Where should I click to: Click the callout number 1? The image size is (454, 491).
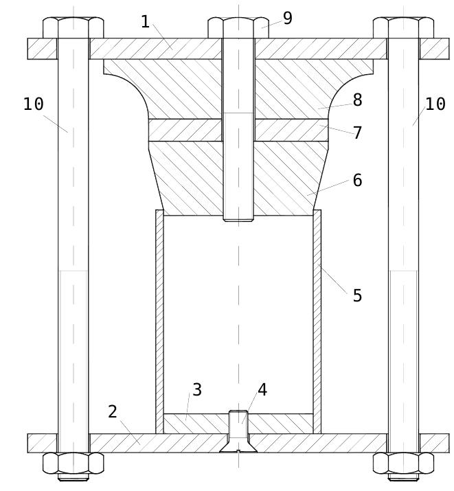click(x=145, y=22)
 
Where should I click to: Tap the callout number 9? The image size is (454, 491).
click(x=287, y=19)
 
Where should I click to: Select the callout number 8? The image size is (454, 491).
click(x=357, y=100)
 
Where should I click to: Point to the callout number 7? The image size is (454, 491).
click(x=357, y=133)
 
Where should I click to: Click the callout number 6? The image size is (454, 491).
click(x=357, y=181)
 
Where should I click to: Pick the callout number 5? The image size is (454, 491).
click(x=357, y=296)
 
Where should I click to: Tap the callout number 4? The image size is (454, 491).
click(x=262, y=390)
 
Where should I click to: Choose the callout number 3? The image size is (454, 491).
click(x=197, y=390)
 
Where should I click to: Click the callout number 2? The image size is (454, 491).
click(x=113, y=412)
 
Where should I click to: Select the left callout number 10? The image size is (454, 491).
click(x=34, y=104)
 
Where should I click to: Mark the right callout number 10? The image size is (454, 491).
click(x=435, y=104)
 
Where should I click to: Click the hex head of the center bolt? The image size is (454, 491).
click(x=238, y=28)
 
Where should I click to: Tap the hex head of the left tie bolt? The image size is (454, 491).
click(x=73, y=28)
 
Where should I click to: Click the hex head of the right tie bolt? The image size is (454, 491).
click(x=403, y=28)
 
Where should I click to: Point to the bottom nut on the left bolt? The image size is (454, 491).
click(x=73, y=463)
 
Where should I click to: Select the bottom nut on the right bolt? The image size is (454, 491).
click(x=403, y=463)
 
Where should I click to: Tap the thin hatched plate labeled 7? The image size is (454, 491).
click(x=185, y=130)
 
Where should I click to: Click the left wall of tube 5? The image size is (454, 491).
click(x=159, y=316)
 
